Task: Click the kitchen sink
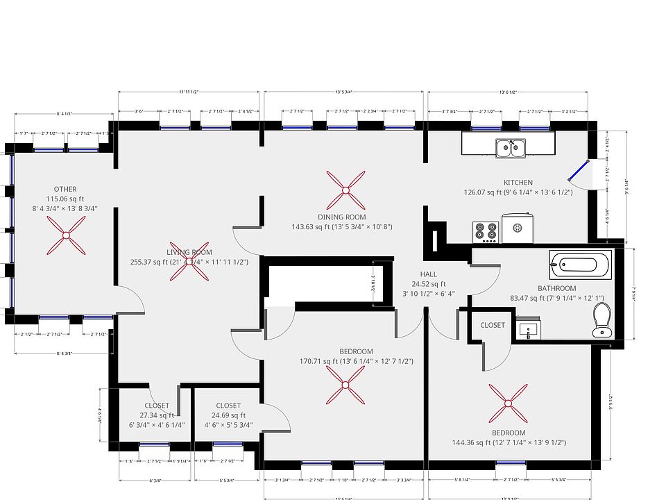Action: [x=511, y=147]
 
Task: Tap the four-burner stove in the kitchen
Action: [x=486, y=233]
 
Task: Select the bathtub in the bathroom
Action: [x=581, y=265]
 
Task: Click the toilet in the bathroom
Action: [x=601, y=322]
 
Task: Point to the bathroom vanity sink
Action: [x=532, y=331]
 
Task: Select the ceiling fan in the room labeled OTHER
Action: [x=67, y=235]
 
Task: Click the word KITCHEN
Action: [x=518, y=183]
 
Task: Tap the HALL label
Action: [x=428, y=274]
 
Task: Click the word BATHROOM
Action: [x=556, y=288]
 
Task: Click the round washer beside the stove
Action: [x=517, y=227]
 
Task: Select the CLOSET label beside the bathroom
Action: [x=493, y=325]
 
